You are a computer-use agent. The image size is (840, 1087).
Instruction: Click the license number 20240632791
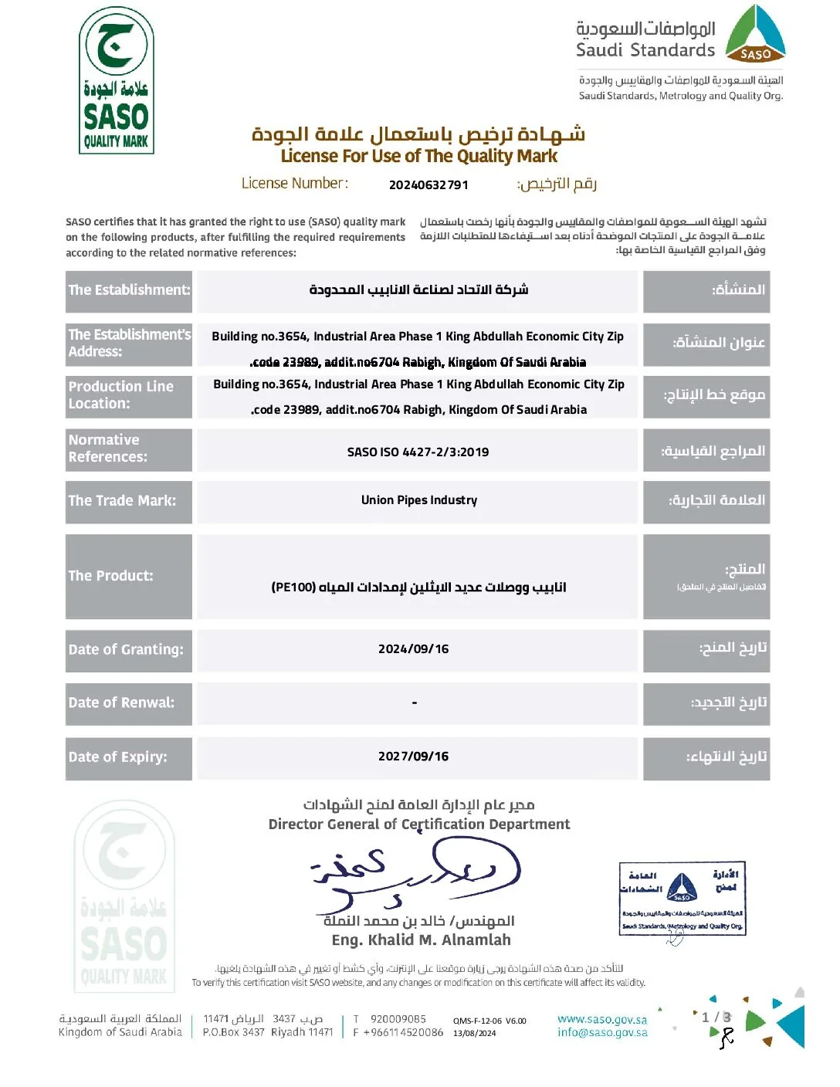pyautogui.click(x=428, y=185)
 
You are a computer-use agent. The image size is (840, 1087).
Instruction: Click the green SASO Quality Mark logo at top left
pyautogui.click(x=117, y=80)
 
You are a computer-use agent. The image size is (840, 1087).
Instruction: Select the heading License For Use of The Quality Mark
pyautogui.click(x=418, y=156)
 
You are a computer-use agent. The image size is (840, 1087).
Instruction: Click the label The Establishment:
pyautogui.click(x=129, y=290)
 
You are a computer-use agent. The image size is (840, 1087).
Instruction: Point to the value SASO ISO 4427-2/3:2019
pyautogui.click(x=418, y=452)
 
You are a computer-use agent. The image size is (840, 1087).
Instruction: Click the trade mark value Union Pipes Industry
pyautogui.click(x=419, y=500)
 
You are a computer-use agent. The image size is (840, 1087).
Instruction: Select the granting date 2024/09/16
pyautogui.click(x=413, y=649)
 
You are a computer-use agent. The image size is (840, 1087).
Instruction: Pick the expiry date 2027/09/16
pyautogui.click(x=413, y=757)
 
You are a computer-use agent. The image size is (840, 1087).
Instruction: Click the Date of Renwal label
pyautogui.click(x=121, y=703)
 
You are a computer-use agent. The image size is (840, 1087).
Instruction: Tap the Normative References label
pyautogui.click(x=108, y=449)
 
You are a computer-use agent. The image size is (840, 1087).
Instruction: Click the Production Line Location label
pyautogui.click(x=121, y=395)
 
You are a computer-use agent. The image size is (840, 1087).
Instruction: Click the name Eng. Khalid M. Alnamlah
pyautogui.click(x=421, y=940)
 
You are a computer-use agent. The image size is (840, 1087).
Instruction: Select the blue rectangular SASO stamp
pyautogui.click(x=682, y=899)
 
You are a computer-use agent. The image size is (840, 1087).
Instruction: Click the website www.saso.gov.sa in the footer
pyautogui.click(x=602, y=1020)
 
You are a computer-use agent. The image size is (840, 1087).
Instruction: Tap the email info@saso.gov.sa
pyautogui.click(x=602, y=1033)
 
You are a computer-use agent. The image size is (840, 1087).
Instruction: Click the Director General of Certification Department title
pyautogui.click(x=419, y=825)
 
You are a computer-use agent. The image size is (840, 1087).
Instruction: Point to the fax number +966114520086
pyautogui.click(x=403, y=1033)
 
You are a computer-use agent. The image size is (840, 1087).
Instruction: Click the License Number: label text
pyautogui.click(x=295, y=184)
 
